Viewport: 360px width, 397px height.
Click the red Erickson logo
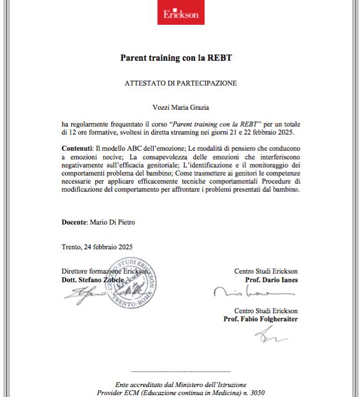click(x=180, y=15)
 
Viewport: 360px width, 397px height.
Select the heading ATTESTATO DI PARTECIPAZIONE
click(x=180, y=83)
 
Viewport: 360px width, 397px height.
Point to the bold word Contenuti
click(x=77, y=150)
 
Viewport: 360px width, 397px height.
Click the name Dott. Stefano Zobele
click(x=93, y=280)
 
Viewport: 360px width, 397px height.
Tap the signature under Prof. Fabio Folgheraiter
click(x=270, y=336)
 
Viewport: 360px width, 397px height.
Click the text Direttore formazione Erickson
click(x=105, y=272)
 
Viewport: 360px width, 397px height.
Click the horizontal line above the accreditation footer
click(x=180, y=370)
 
